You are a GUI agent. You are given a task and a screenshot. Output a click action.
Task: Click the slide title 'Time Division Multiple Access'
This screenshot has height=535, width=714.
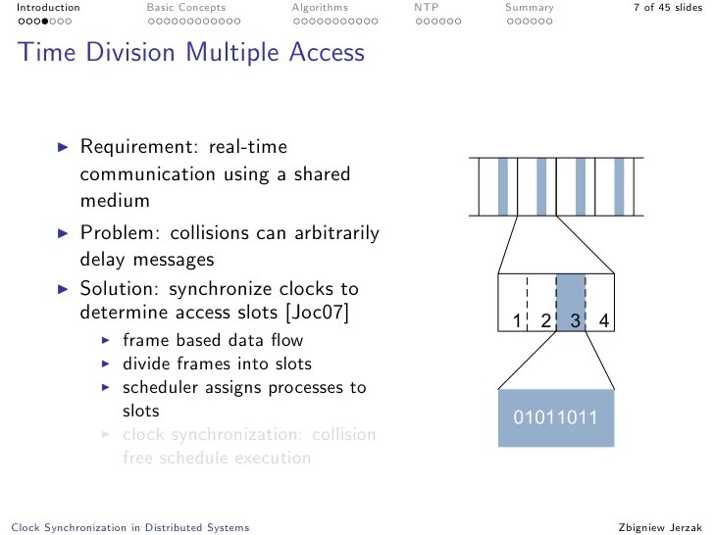pyautogui.click(x=191, y=52)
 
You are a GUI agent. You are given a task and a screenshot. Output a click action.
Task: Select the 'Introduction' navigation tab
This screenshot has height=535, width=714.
pyautogui.click(x=41, y=8)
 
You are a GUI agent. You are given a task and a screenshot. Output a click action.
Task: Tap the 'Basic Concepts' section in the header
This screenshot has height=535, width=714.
pyautogui.click(x=186, y=8)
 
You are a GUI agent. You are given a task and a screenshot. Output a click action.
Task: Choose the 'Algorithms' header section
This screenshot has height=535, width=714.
pyautogui.click(x=320, y=8)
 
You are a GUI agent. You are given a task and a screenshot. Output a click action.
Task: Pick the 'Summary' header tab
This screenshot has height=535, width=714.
pyautogui.click(x=529, y=8)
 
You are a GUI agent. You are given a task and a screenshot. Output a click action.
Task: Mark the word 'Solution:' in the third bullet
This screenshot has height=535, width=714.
pyautogui.click(x=122, y=290)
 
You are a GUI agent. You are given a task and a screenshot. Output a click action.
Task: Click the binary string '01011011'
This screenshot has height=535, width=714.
pyautogui.click(x=556, y=418)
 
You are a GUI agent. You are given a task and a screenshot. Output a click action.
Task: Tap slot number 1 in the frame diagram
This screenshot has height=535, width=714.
pyautogui.click(x=516, y=321)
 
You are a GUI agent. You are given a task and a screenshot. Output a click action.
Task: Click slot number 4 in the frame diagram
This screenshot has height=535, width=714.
pyautogui.click(x=604, y=321)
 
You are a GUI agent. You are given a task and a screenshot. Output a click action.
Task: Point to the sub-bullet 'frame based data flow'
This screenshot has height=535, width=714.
pyautogui.click(x=213, y=341)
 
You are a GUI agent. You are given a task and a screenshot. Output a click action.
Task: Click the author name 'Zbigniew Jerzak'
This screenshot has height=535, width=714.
pyautogui.click(x=661, y=527)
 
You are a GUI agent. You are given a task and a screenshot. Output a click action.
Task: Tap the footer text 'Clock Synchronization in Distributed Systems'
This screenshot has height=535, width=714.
pyautogui.click(x=127, y=527)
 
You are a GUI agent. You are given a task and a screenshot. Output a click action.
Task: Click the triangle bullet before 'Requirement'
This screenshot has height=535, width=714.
pyautogui.click(x=64, y=147)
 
